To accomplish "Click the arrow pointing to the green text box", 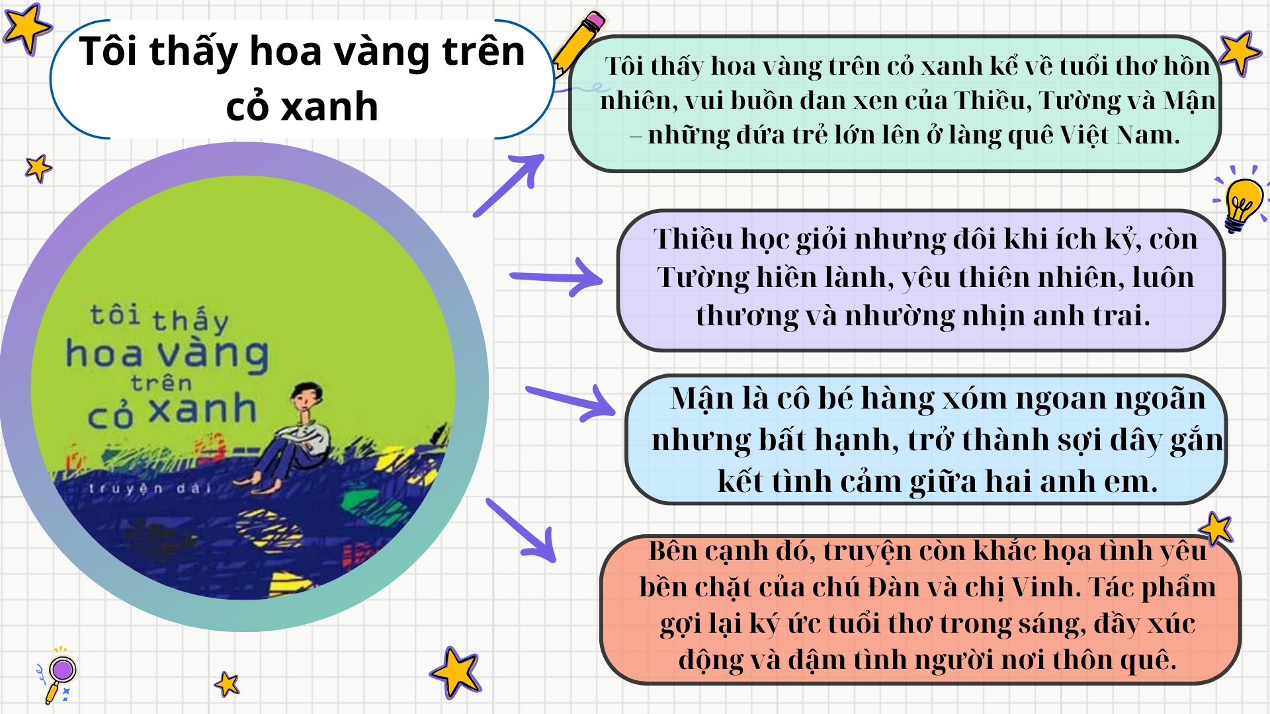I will pos(509,184).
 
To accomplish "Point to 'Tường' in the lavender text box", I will pos(702,277).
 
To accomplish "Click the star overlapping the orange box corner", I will pos(1216,529).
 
